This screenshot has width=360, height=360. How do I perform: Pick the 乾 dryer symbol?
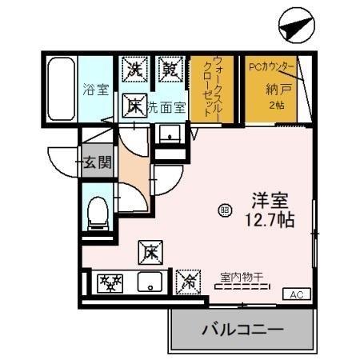click(x=169, y=69)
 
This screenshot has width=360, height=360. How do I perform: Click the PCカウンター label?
click(x=271, y=66)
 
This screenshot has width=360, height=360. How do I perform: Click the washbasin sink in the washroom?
click(x=169, y=134)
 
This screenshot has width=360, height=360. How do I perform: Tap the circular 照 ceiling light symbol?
click(x=225, y=210)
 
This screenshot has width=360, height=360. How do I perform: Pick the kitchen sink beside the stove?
click(x=149, y=282)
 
